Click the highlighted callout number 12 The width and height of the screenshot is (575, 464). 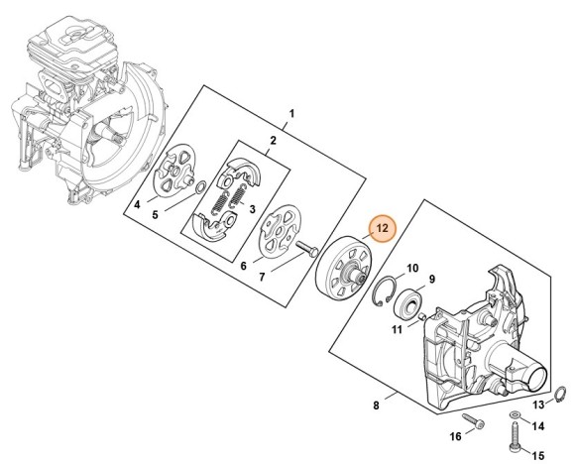click(x=382, y=228)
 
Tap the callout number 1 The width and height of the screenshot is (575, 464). click(x=291, y=114)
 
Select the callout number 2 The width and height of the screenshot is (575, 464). click(x=273, y=141)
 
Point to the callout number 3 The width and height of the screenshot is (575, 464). click(x=252, y=209)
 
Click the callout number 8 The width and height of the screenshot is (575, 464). click(x=376, y=406)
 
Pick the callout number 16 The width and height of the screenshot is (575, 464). click(x=455, y=436)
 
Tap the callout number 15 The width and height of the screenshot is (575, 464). click(x=538, y=456)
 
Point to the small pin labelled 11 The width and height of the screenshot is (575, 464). click(x=423, y=316)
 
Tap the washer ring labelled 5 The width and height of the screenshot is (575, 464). click(x=200, y=187)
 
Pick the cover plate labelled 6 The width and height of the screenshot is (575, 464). click(x=279, y=231)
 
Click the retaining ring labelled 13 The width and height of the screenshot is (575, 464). click(x=559, y=394)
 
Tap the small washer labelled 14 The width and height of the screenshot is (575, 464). click(x=515, y=414)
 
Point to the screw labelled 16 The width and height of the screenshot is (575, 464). click(x=473, y=420)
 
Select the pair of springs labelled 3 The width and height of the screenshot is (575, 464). click(x=228, y=199)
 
